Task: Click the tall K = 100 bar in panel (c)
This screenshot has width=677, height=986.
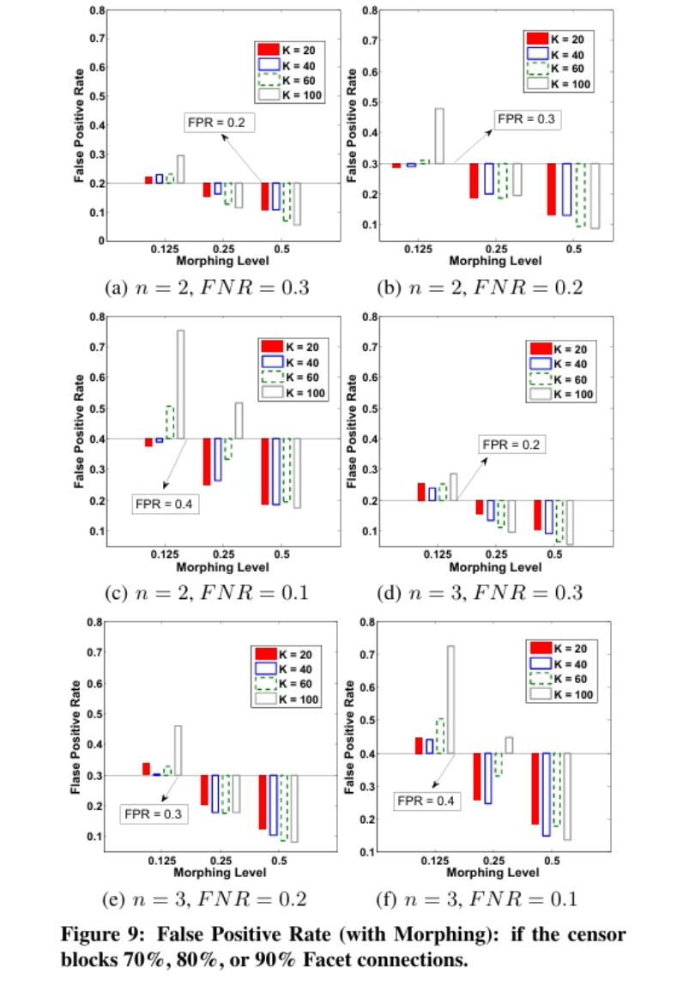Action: (x=180, y=384)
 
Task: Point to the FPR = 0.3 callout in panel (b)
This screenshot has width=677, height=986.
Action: (x=527, y=119)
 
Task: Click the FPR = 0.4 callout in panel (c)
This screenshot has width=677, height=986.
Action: (x=165, y=503)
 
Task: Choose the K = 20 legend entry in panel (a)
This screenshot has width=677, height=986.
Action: (x=288, y=49)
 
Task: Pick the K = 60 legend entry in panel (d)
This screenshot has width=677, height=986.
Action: (x=561, y=379)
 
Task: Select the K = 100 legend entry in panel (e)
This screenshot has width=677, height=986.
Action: (x=288, y=700)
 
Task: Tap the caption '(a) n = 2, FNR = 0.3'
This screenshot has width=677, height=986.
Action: (x=206, y=287)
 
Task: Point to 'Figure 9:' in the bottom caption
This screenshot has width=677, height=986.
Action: (x=100, y=935)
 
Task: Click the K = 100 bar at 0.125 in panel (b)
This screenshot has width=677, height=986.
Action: (x=439, y=136)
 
